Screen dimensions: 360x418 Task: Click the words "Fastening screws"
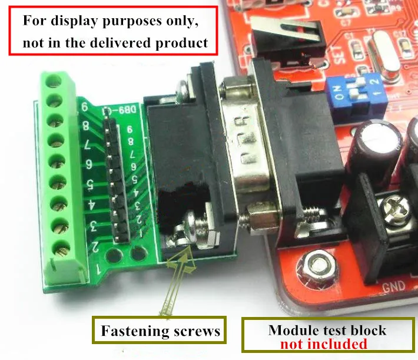(x=160, y=331)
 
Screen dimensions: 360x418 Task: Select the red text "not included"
(x=323, y=344)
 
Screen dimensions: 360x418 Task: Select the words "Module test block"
(x=327, y=330)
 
